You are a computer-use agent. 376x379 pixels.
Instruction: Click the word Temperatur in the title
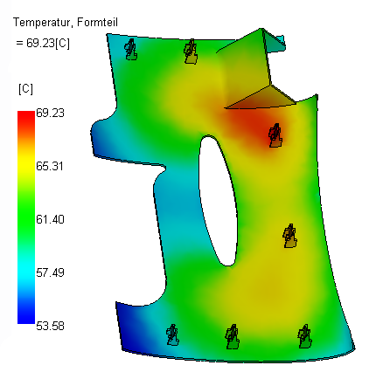pyautogui.click(x=41, y=23)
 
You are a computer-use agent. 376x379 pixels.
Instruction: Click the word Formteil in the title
pyautogui.click(x=97, y=23)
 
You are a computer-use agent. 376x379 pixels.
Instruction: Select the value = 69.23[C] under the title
pyautogui.click(x=43, y=44)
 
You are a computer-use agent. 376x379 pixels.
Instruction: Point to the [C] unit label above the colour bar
pyautogui.click(x=25, y=89)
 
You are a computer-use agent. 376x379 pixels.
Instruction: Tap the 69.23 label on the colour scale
pyautogui.click(x=50, y=113)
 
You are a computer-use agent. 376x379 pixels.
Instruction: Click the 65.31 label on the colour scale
pyautogui.click(x=50, y=166)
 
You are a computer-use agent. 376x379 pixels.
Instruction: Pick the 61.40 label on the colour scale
pyautogui.click(x=50, y=219)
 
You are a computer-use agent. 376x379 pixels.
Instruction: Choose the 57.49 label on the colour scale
pyautogui.click(x=50, y=272)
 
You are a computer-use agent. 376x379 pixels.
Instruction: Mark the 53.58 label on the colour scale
pyautogui.click(x=50, y=326)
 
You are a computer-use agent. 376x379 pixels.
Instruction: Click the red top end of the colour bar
pyautogui.click(x=26, y=114)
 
